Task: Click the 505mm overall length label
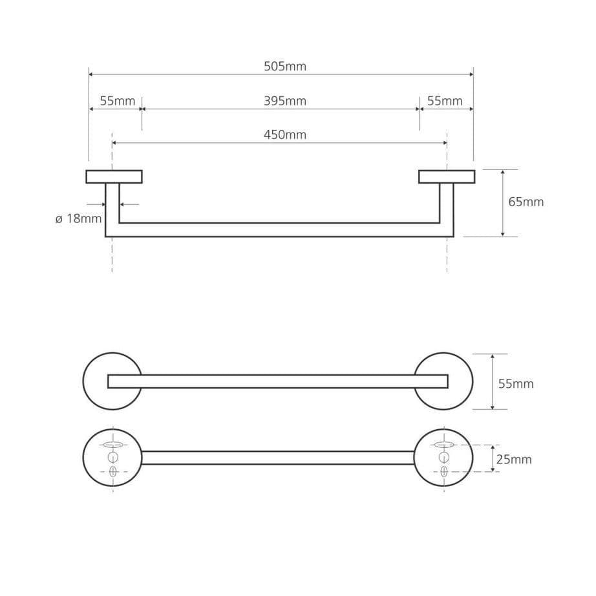click(285, 67)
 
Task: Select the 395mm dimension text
click(285, 101)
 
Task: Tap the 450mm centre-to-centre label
click(285, 135)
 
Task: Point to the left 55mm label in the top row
click(118, 101)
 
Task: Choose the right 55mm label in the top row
click(445, 101)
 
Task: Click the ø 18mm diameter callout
click(78, 219)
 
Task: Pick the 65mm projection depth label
click(526, 202)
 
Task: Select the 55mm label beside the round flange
click(516, 384)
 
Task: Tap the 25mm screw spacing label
click(514, 460)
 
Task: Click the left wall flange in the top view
click(114, 176)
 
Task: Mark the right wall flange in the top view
click(447, 176)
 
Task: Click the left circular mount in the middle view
click(87, 381)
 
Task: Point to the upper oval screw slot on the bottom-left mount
click(113, 444)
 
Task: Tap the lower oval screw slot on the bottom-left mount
click(113, 472)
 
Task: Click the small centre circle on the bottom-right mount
click(444, 457)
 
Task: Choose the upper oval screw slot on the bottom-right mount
click(444, 444)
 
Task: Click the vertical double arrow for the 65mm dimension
click(503, 204)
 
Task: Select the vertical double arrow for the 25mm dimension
click(493, 458)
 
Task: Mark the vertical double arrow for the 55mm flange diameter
click(493, 381)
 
